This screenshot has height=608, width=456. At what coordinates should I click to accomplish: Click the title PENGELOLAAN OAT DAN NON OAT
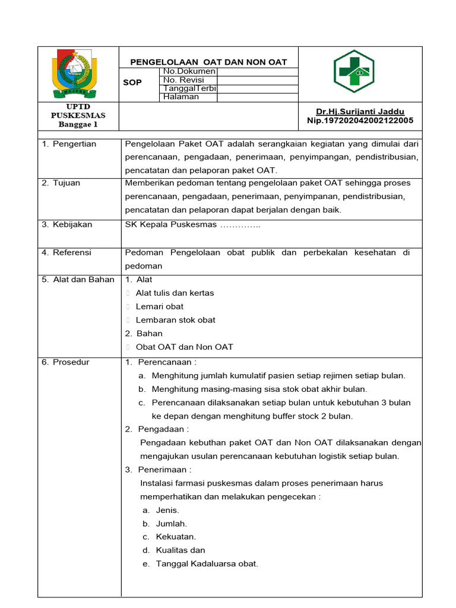[x=208, y=62]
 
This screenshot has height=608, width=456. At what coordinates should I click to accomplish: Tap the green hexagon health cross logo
[x=354, y=71]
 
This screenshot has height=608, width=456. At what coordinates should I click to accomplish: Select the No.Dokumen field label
[x=189, y=71]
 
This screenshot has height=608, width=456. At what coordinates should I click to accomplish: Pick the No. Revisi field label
[x=183, y=80]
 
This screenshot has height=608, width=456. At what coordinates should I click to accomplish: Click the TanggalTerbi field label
[x=189, y=88]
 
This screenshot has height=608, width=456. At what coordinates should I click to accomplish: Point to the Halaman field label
[x=181, y=97]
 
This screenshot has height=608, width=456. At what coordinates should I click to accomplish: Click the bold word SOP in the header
[x=132, y=83]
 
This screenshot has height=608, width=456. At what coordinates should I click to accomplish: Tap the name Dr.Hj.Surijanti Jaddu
[x=360, y=112]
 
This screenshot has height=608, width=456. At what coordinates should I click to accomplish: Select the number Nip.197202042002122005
[x=360, y=121]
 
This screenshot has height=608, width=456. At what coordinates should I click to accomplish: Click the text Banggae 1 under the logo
[x=78, y=125]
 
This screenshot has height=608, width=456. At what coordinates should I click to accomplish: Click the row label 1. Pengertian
[x=69, y=144]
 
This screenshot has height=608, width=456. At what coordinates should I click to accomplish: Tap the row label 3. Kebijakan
[x=67, y=224]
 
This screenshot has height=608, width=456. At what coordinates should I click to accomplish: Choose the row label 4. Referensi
[x=66, y=252]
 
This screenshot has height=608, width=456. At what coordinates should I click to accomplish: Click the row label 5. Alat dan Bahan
[x=78, y=280]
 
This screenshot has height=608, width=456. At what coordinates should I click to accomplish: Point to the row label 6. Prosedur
[x=65, y=362]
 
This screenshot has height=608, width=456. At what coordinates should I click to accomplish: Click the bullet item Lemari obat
[x=159, y=306]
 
